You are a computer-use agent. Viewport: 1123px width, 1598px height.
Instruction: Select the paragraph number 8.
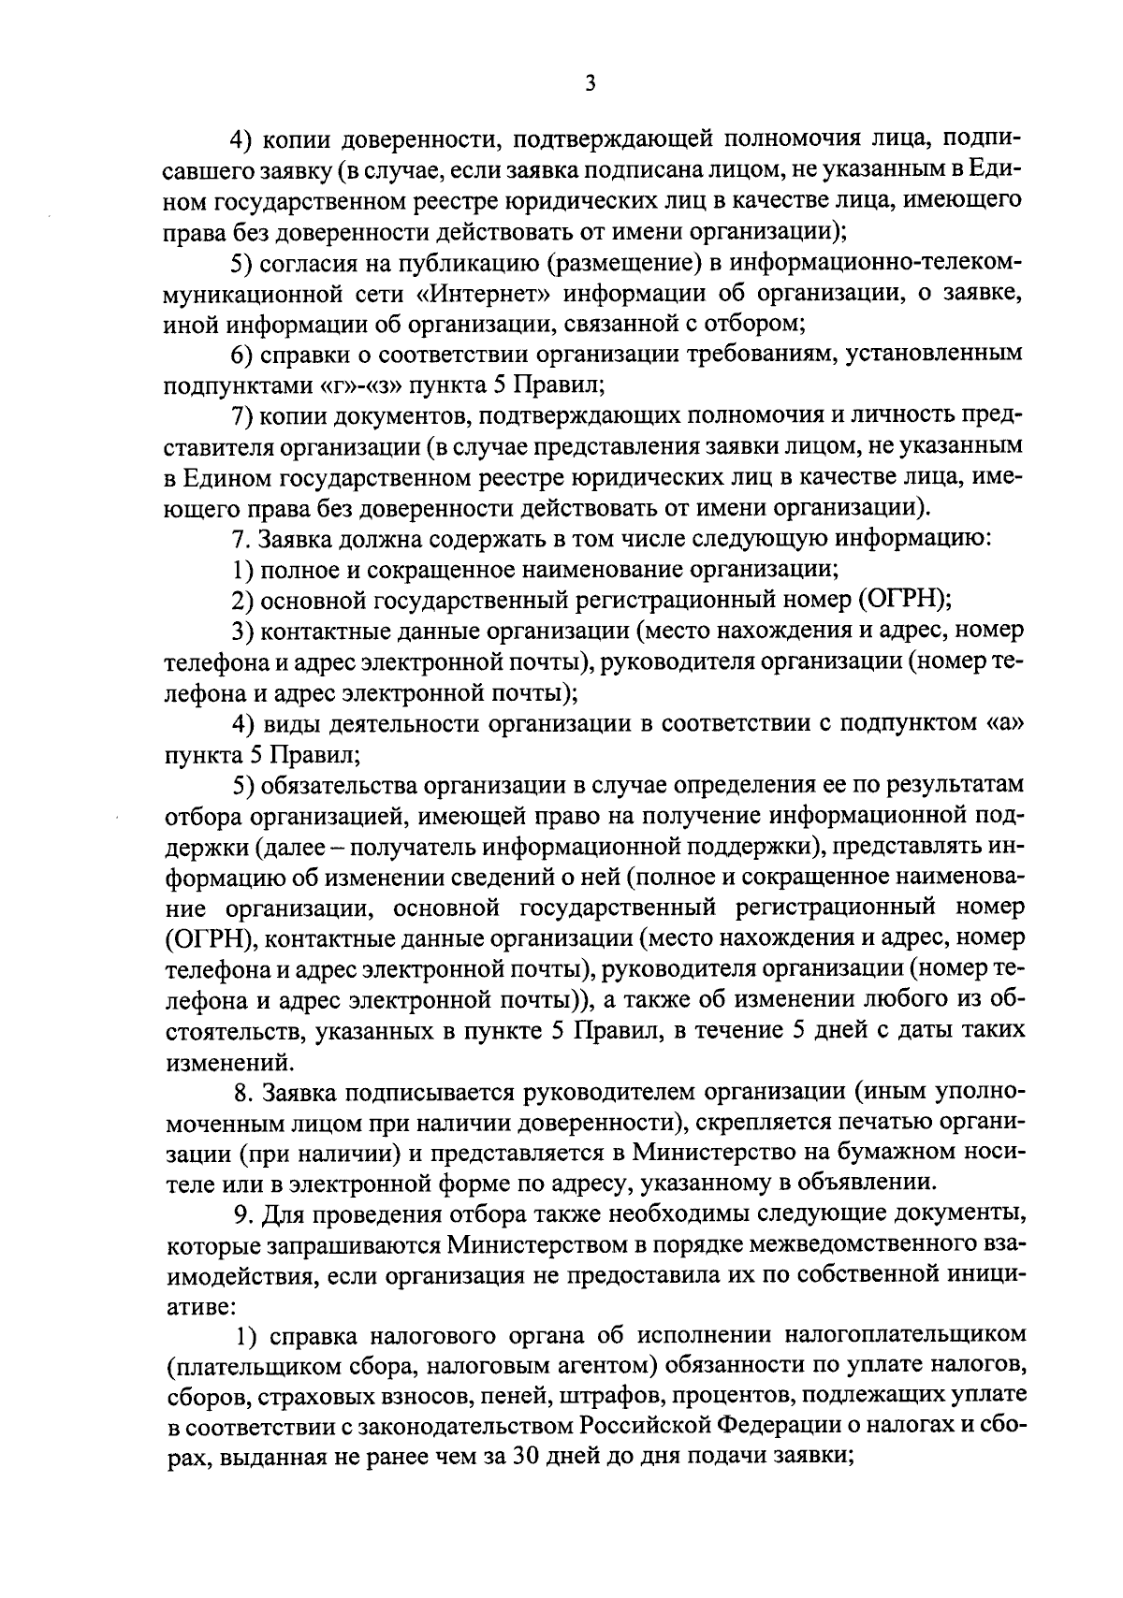tap(241, 1092)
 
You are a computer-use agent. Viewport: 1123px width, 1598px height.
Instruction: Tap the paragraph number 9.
tap(241, 1214)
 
